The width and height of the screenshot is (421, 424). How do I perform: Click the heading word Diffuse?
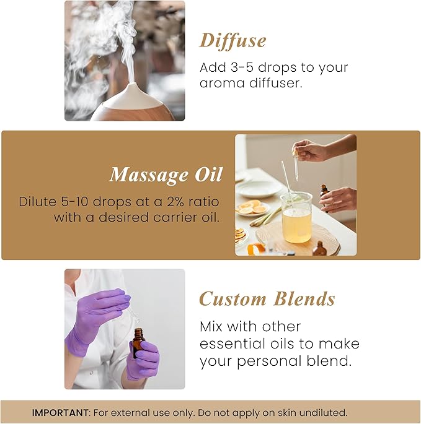(233, 41)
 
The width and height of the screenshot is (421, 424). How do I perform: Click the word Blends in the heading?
(304, 299)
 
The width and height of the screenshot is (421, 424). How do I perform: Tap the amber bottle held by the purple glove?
(138, 343)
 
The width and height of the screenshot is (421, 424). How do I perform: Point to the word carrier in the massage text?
(168, 218)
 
